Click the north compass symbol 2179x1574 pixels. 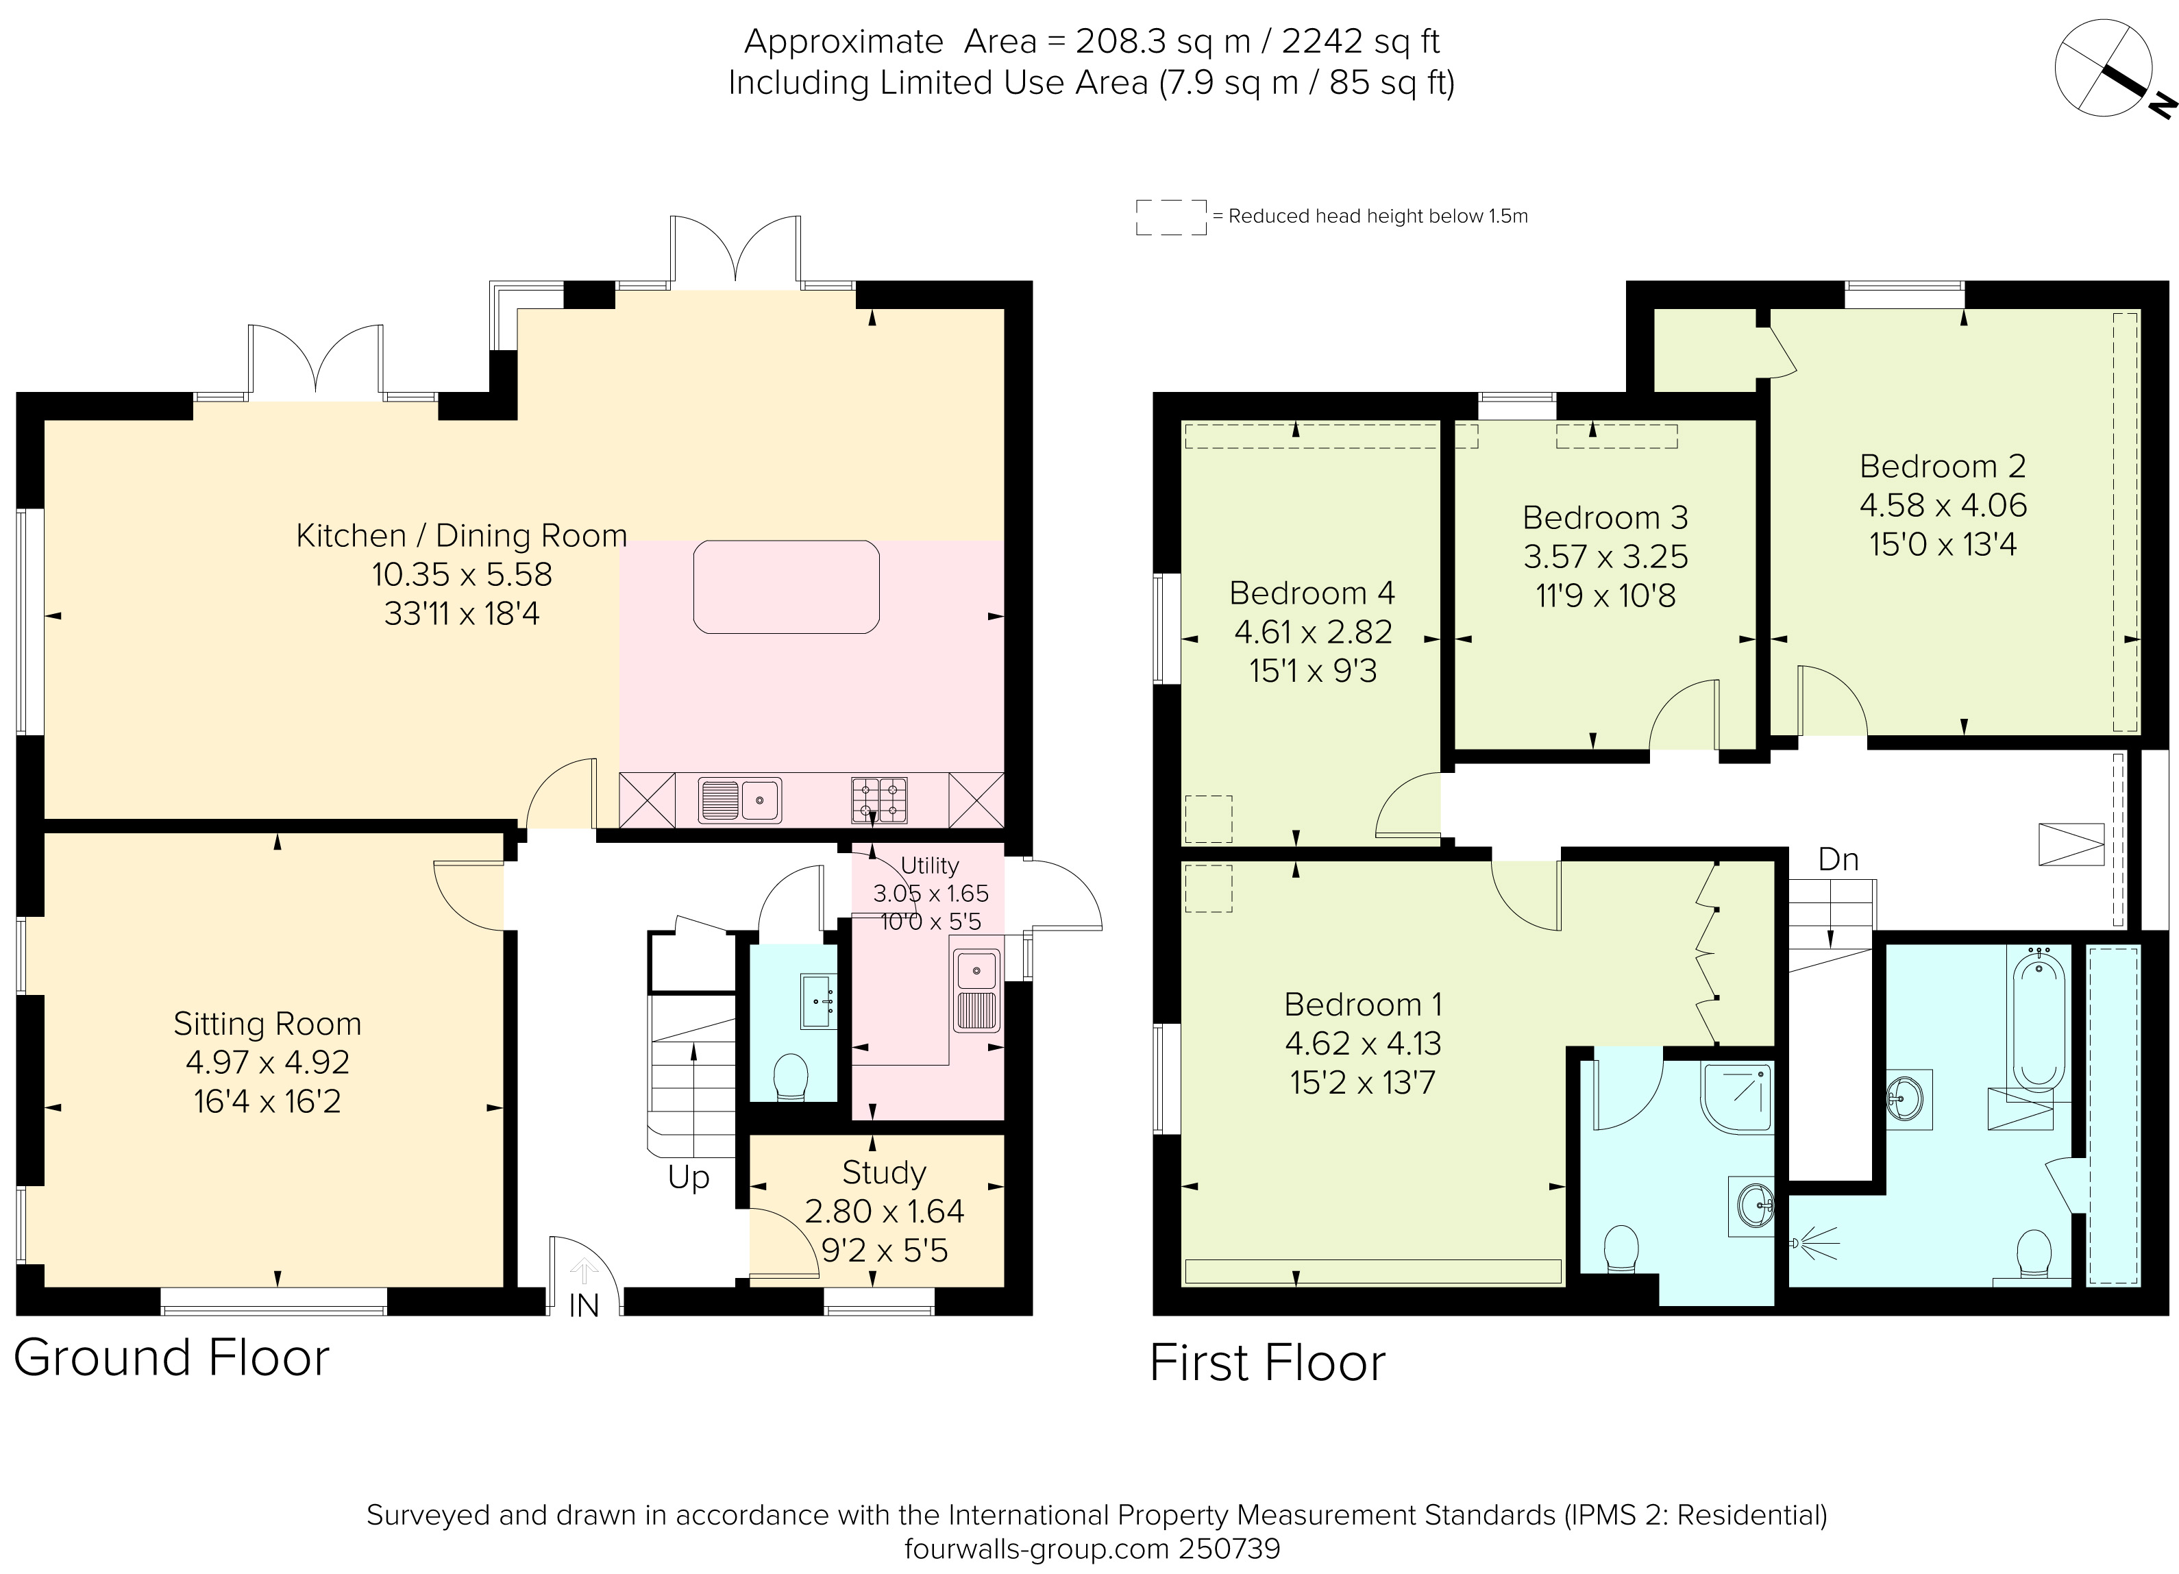[2104, 69]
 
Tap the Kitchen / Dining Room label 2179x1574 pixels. [461, 535]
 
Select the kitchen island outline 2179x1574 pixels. [786, 587]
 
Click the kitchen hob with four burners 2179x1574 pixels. [878, 800]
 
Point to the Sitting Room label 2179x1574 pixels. [267, 1023]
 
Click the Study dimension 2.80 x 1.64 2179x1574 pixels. [884, 1211]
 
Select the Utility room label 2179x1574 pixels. [929, 865]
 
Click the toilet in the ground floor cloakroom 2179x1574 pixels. [791, 1077]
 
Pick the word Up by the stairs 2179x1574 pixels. [688, 1177]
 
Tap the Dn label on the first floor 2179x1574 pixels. [1838, 859]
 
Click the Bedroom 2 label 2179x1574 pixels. [1943, 466]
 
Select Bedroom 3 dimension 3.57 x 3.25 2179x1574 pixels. [1605, 556]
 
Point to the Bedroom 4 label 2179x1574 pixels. [1312, 593]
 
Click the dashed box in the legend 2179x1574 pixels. [1170, 217]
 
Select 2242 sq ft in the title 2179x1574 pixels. [1360, 41]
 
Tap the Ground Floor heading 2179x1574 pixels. [171, 1357]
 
